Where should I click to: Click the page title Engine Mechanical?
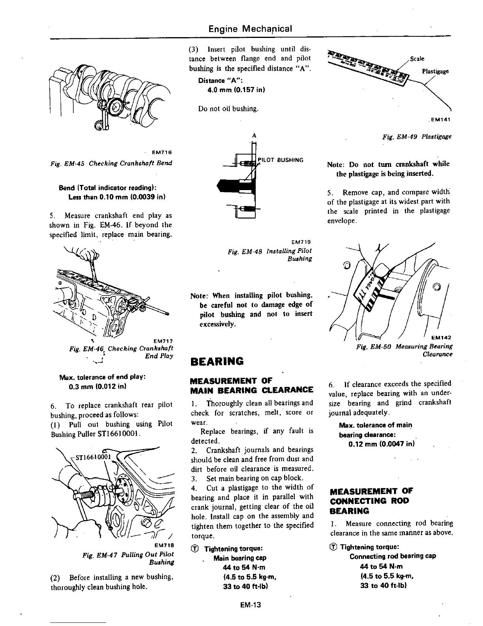pos(250,29)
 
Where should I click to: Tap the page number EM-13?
pos(250,605)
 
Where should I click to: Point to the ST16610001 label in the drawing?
pos(91,458)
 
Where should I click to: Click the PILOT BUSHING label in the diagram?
pos(281,160)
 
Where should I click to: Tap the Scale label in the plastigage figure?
pos(417,59)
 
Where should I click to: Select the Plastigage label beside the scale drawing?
pos(435,72)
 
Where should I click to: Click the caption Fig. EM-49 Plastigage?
pos(417,137)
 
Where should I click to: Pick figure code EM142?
pos(441,338)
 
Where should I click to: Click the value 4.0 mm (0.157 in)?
pos(236,90)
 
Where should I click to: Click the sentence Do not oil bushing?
pos(228,109)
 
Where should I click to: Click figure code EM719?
pos(301,242)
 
